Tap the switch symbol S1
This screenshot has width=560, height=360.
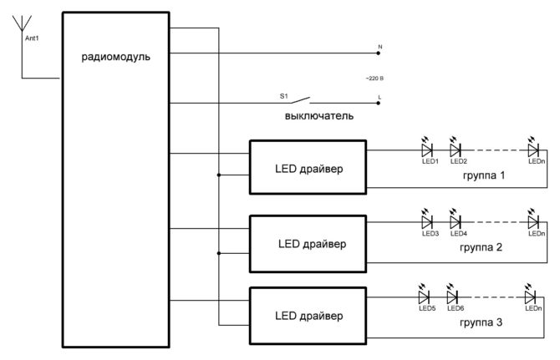tap(307, 99)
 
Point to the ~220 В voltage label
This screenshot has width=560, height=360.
tap(374, 78)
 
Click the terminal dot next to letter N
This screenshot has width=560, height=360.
tap(378, 53)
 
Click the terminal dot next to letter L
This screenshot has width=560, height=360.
tap(378, 103)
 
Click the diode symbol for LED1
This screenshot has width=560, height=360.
tap(428, 150)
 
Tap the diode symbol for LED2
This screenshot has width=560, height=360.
tap(456, 150)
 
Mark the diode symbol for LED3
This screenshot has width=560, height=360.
tap(428, 223)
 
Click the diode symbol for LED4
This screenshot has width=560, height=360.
tap(456, 223)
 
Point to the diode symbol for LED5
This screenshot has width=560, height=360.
tap(424, 297)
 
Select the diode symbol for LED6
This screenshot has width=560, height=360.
tap(452, 297)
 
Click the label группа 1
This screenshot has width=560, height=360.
tap(484, 177)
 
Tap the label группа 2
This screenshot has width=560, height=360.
tap(482, 249)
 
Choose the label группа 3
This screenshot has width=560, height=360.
tap(480, 322)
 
